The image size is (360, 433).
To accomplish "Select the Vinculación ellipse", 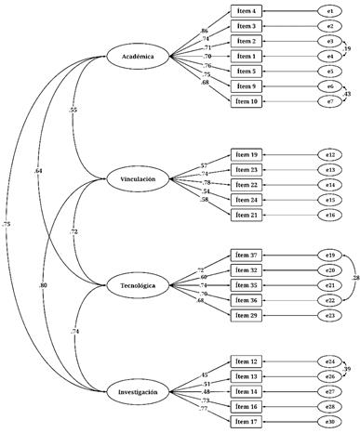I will [x=138, y=177].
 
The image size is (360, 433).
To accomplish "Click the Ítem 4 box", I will [x=247, y=11].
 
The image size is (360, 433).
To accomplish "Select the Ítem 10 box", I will [x=247, y=100].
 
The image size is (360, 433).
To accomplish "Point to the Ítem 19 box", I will [x=247, y=153].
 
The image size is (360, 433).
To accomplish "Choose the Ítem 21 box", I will [x=247, y=215].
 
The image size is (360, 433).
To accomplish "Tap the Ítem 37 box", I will [x=247, y=255].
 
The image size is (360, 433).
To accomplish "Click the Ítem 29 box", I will [x=247, y=315].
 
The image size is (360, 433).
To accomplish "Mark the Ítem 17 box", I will [x=247, y=421].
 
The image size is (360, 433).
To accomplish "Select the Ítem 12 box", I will [x=247, y=361].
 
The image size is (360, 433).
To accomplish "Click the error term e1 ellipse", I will [x=328, y=11].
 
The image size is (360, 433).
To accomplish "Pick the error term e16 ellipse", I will [x=328, y=215].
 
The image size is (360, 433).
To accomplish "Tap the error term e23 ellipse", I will [x=328, y=315].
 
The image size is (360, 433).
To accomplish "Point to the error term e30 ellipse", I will [x=328, y=421].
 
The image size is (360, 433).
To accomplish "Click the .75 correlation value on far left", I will [x=7, y=224].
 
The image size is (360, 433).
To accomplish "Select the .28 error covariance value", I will [x=354, y=276].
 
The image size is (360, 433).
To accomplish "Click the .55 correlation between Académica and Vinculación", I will [x=73, y=112].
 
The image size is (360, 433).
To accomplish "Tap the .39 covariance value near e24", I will [x=349, y=369].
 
